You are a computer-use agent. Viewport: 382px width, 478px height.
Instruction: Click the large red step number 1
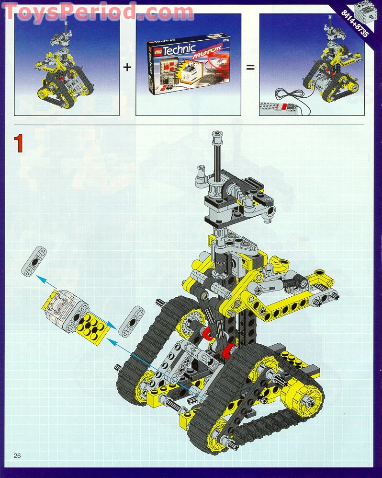18,143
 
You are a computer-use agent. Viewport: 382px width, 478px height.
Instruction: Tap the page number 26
18,455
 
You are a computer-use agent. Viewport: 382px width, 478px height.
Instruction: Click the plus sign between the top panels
127,67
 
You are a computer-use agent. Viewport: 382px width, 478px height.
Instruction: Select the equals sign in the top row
250,67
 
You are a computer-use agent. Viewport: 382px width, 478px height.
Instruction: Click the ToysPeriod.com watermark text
98,11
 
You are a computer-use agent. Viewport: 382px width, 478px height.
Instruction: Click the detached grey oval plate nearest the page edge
34,261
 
